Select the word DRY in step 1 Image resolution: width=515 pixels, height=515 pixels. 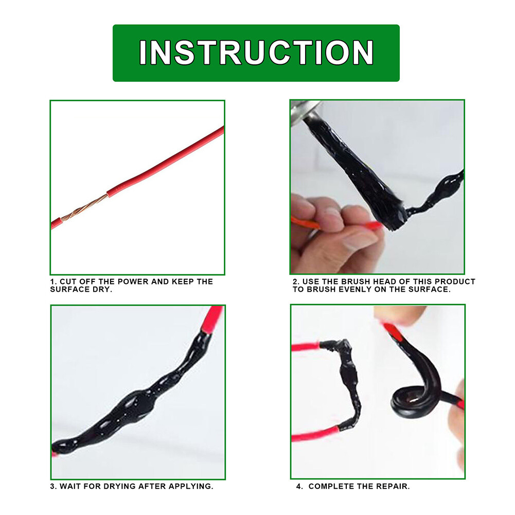[x=103, y=290]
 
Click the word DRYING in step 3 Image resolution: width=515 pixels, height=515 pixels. [x=120, y=486]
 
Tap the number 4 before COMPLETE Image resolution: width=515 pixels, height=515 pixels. [x=299, y=486]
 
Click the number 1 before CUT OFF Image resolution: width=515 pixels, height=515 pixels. [x=52, y=282]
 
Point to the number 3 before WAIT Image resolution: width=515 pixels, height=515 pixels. [x=52, y=486]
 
